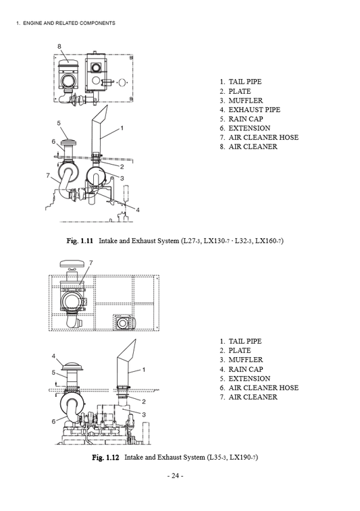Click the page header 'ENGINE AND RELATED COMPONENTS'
point(69,23)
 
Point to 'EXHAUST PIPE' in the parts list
point(254,109)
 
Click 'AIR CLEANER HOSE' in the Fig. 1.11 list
point(263,137)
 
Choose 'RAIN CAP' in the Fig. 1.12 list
point(246,369)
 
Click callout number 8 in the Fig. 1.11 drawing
point(59,46)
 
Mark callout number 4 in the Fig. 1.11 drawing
point(138,210)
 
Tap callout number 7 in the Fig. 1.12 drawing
point(91,262)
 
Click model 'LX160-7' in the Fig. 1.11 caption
point(269,241)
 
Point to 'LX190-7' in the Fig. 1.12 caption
point(244,458)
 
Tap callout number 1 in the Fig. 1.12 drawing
point(143,369)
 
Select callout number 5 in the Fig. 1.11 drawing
point(59,124)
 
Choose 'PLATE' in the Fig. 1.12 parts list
point(240,350)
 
